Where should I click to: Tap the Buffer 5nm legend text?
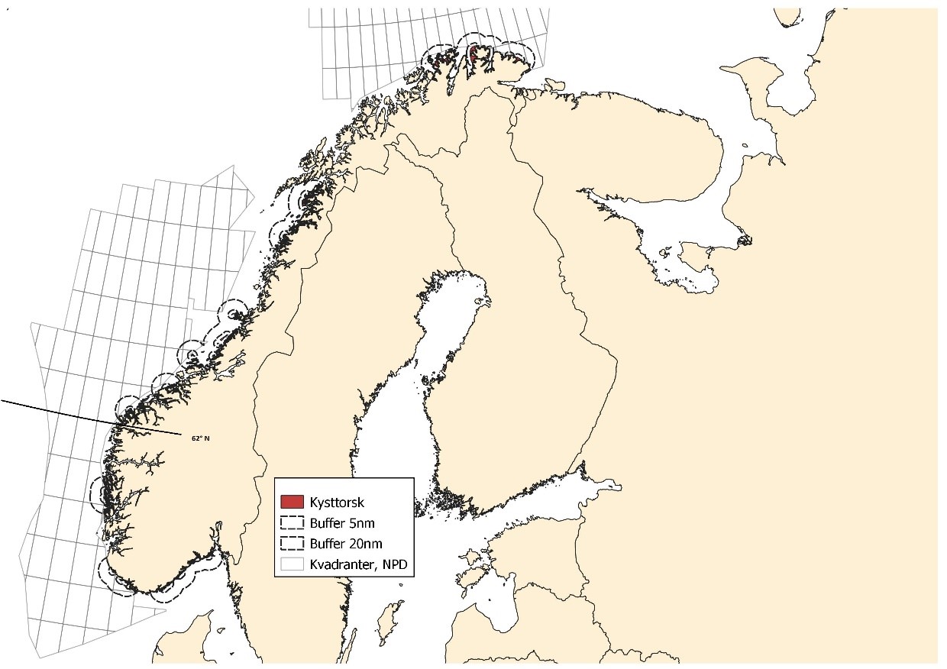pyautogui.click(x=342, y=523)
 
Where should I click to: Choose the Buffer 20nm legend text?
pyautogui.click(x=345, y=544)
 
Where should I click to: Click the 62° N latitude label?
pyautogui.click(x=200, y=438)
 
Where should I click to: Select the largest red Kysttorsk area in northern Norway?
pyautogui.click(x=475, y=54)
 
